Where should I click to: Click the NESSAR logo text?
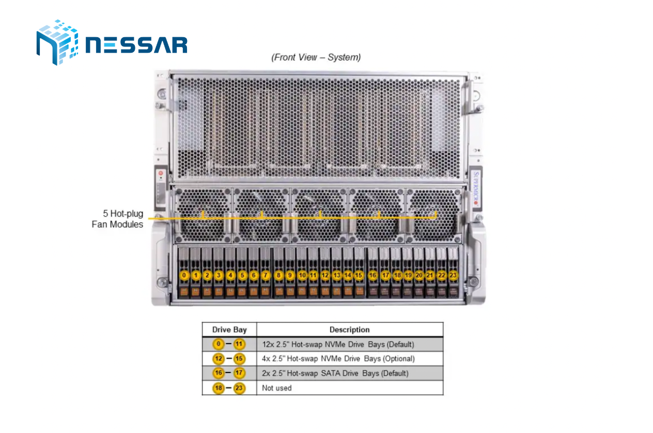(136, 45)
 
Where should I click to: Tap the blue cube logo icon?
(57, 42)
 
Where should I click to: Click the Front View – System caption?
(316, 57)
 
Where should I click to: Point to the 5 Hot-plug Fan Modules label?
(117, 219)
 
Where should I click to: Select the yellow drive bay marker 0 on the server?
(184, 275)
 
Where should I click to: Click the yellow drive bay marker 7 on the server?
(266, 275)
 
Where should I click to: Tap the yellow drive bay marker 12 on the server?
(325, 275)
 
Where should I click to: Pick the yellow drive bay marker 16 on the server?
(372, 275)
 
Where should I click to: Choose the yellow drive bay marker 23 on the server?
(453, 275)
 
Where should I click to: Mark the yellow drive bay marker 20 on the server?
(419, 275)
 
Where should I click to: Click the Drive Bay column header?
(229, 330)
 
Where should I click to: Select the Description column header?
(350, 330)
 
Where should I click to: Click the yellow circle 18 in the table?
(219, 388)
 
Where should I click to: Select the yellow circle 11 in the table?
(239, 344)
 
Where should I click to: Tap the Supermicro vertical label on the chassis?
(476, 189)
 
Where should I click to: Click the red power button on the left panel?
(161, 173)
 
